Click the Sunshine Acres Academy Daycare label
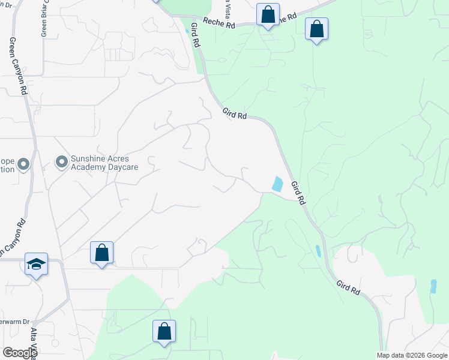click(x=104, y=162)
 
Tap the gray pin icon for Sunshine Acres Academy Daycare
click(x=61, y=162)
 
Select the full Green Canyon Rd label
click(x=18, y=66)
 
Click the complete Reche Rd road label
click(x=216, y=22)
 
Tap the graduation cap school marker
click(x=36, y=265)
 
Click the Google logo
click(x=20, y=353)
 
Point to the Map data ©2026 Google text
click(x=412, y=355)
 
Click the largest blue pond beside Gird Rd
click(x=277, y=184)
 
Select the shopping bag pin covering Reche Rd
click(x=268, y=14)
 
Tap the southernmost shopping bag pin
click(x=164, y=332)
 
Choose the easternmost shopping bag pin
click(x=316, y=29)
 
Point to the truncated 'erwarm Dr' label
click(x=14, y=322)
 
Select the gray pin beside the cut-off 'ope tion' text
click(x=24, y=163)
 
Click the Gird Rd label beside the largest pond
click(x=298, y=193)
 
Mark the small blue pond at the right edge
click(x=433, y=286)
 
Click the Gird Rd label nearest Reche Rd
click(x=194, y=36)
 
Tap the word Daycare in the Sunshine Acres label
click(x=120, y=167)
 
